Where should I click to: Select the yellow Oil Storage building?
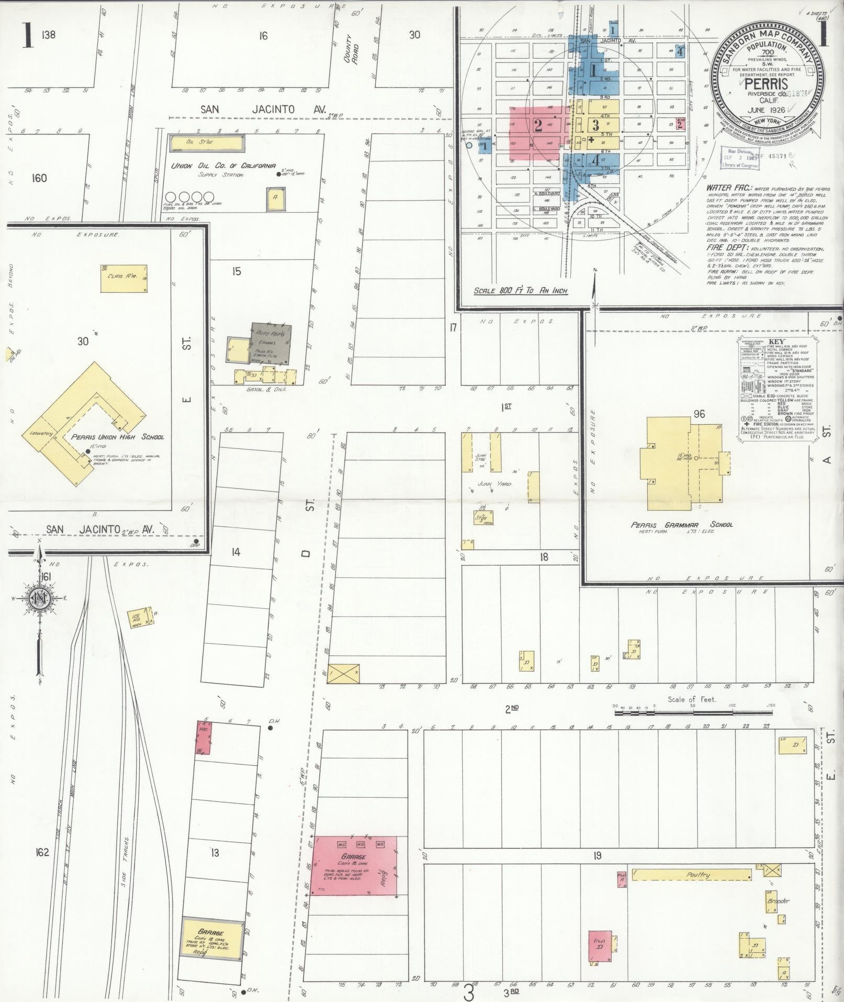click(x=207, y=142)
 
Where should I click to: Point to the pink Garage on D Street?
click(x=354, y=865)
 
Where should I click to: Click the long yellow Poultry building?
click(x=692, y=875)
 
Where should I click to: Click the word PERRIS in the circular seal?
click(x=763, y=84)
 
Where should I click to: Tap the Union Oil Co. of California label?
click(x=223, y=166)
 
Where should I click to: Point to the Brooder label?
click(x=778, y=901)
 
